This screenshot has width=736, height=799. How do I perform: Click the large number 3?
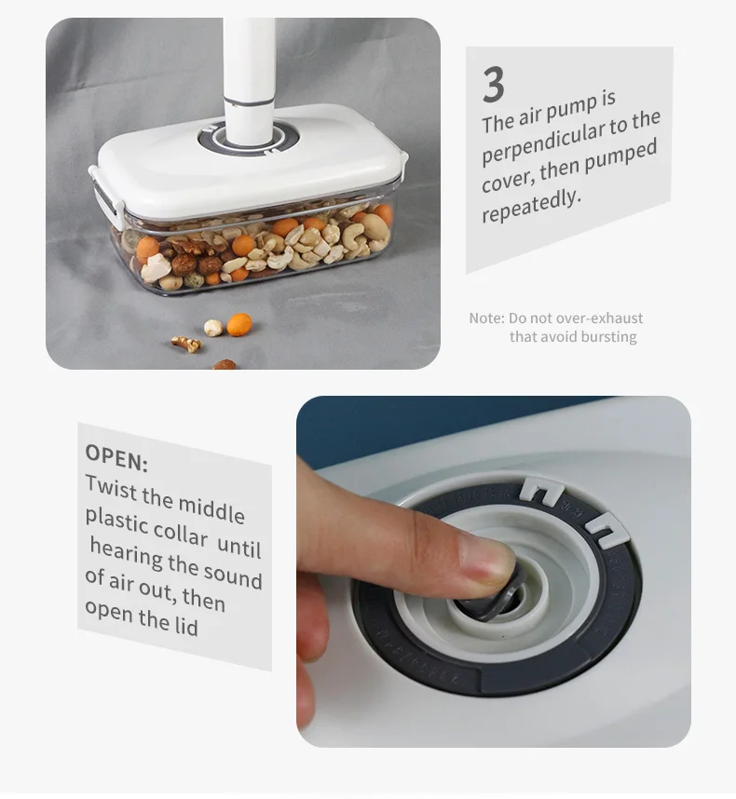click(x=494, y=85)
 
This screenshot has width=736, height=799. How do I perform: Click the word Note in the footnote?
click(x=485, y=318)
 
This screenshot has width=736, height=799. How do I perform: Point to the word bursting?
click(x=607, y=337)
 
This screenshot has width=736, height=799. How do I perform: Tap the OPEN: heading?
click(x=116, y=457)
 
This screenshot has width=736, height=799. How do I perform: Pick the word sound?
click(x=232, y=576)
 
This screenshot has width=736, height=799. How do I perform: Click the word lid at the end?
click(x=186, y=626)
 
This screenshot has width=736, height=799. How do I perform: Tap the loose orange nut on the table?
click(x=239, y=324)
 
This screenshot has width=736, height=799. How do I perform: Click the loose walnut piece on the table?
click(x=186, y=344)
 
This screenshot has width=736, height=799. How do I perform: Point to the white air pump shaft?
click(x=249, y=65)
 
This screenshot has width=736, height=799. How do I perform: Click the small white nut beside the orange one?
click(x=213, y=327)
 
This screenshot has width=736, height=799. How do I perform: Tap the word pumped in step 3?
click(x=621, y=154)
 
